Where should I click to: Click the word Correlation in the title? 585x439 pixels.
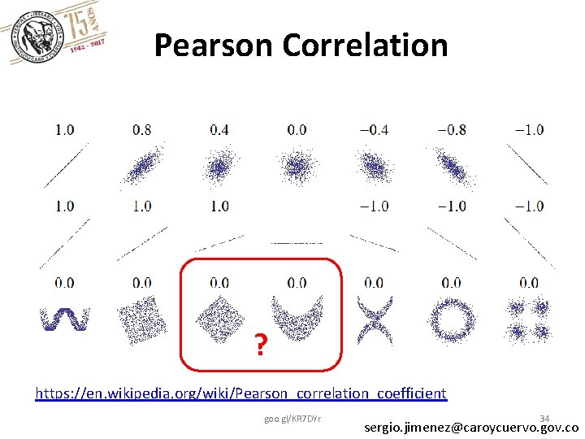coord(366,46)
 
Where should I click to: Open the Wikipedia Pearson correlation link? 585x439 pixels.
coord(240,393)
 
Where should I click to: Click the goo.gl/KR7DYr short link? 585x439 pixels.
coord(292,419)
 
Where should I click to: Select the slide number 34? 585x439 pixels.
coord(544,418)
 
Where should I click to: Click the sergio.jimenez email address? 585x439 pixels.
coord(471,428)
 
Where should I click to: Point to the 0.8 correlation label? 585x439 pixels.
coord(141,129)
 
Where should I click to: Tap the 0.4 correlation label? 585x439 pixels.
coord(219,129)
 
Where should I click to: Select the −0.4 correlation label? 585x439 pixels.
coord(374,129)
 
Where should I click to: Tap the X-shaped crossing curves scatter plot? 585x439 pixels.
coord(374,320)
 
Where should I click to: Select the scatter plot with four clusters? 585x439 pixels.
coord(529,320)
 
